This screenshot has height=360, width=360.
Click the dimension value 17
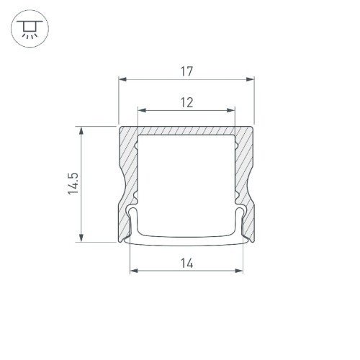pos(186,71)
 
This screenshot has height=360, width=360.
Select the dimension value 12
pos(186,103)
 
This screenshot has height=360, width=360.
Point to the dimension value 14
pos(186,264)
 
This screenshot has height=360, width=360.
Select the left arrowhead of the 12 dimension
pos(141,111)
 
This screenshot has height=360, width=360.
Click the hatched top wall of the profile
pos(186,131)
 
